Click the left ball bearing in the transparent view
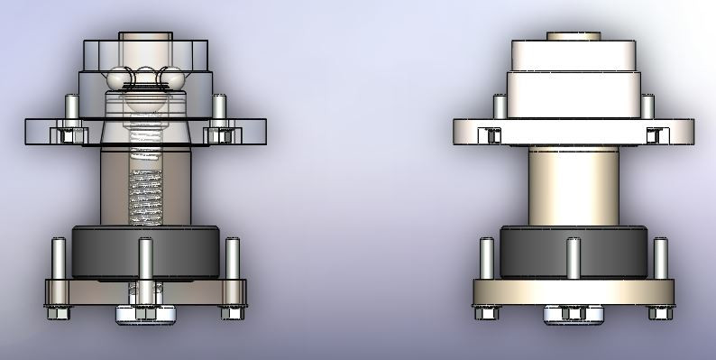(x=118, y=80)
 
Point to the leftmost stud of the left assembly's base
(x=58, y=258)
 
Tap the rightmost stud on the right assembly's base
(x=660, y=258)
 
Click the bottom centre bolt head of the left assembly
(x=144, y=315)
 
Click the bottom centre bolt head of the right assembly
(x=571, y=315)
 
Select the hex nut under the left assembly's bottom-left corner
(x=60, y=312)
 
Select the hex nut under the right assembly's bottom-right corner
(x=658, y=312)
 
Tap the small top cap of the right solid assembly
(x=574, y=37)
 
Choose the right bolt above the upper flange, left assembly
(x=219, y=106)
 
